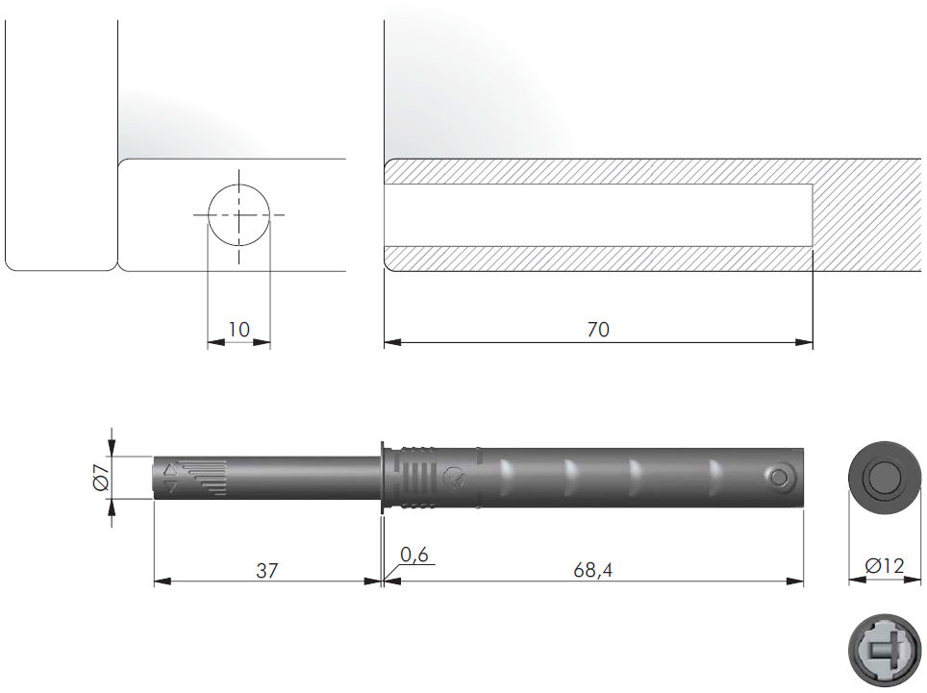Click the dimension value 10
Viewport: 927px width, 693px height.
coord(238,329)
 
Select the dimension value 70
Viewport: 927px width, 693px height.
coord(598,329)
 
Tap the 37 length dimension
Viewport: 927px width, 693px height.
coord(266,570)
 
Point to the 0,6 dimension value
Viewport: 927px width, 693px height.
coord(413,555)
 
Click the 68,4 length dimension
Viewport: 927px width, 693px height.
coord(593,570)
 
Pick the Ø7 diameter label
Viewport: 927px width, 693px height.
coord(101,478)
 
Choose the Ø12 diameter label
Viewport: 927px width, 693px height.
coord(885,566)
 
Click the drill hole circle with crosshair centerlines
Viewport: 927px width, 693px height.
coord(238,215)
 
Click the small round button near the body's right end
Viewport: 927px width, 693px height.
coord(779,477)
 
